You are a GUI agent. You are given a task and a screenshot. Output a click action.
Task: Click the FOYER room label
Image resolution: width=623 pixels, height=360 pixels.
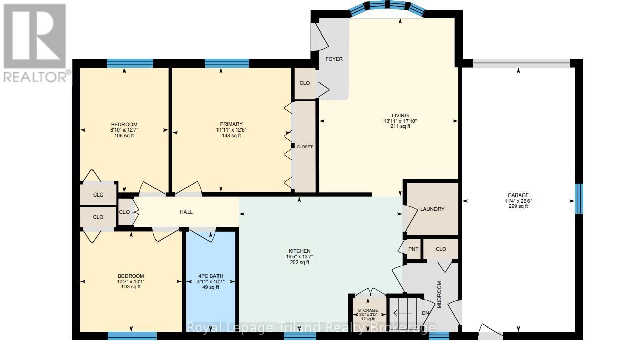(334, 59)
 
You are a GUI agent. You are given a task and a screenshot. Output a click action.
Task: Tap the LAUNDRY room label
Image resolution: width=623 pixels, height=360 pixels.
(432, 209)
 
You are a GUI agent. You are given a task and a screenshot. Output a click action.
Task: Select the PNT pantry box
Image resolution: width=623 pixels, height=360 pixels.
(414, 249)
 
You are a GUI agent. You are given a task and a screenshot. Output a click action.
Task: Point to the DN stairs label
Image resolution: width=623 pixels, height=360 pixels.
(425, 313)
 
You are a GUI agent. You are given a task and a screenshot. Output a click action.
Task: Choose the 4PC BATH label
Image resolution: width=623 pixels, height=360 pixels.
(210, 277)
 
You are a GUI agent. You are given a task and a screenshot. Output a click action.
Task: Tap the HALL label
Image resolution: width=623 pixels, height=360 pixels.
(186, 212)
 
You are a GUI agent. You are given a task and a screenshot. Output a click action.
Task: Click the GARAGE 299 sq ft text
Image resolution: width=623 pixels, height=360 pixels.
(518, 206)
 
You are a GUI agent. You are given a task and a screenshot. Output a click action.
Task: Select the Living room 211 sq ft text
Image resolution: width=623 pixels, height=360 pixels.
(400, 126)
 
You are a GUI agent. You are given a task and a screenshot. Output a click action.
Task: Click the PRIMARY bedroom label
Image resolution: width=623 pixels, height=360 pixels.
(231, 124)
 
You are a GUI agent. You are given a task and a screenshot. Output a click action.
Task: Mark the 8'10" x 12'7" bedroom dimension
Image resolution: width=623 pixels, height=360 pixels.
(124, 130)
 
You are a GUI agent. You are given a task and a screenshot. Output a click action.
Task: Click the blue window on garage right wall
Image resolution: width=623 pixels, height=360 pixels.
(578, 199)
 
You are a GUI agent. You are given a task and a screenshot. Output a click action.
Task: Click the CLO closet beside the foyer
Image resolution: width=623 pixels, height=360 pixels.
(304, 83)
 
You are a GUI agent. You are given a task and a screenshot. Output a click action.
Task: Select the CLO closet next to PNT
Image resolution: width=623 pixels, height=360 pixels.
(441, 249)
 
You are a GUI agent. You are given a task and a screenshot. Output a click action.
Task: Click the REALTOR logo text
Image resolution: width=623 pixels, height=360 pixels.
(35, 77)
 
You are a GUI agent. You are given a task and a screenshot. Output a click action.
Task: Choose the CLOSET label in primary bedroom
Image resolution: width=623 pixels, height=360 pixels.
(305, 147)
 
